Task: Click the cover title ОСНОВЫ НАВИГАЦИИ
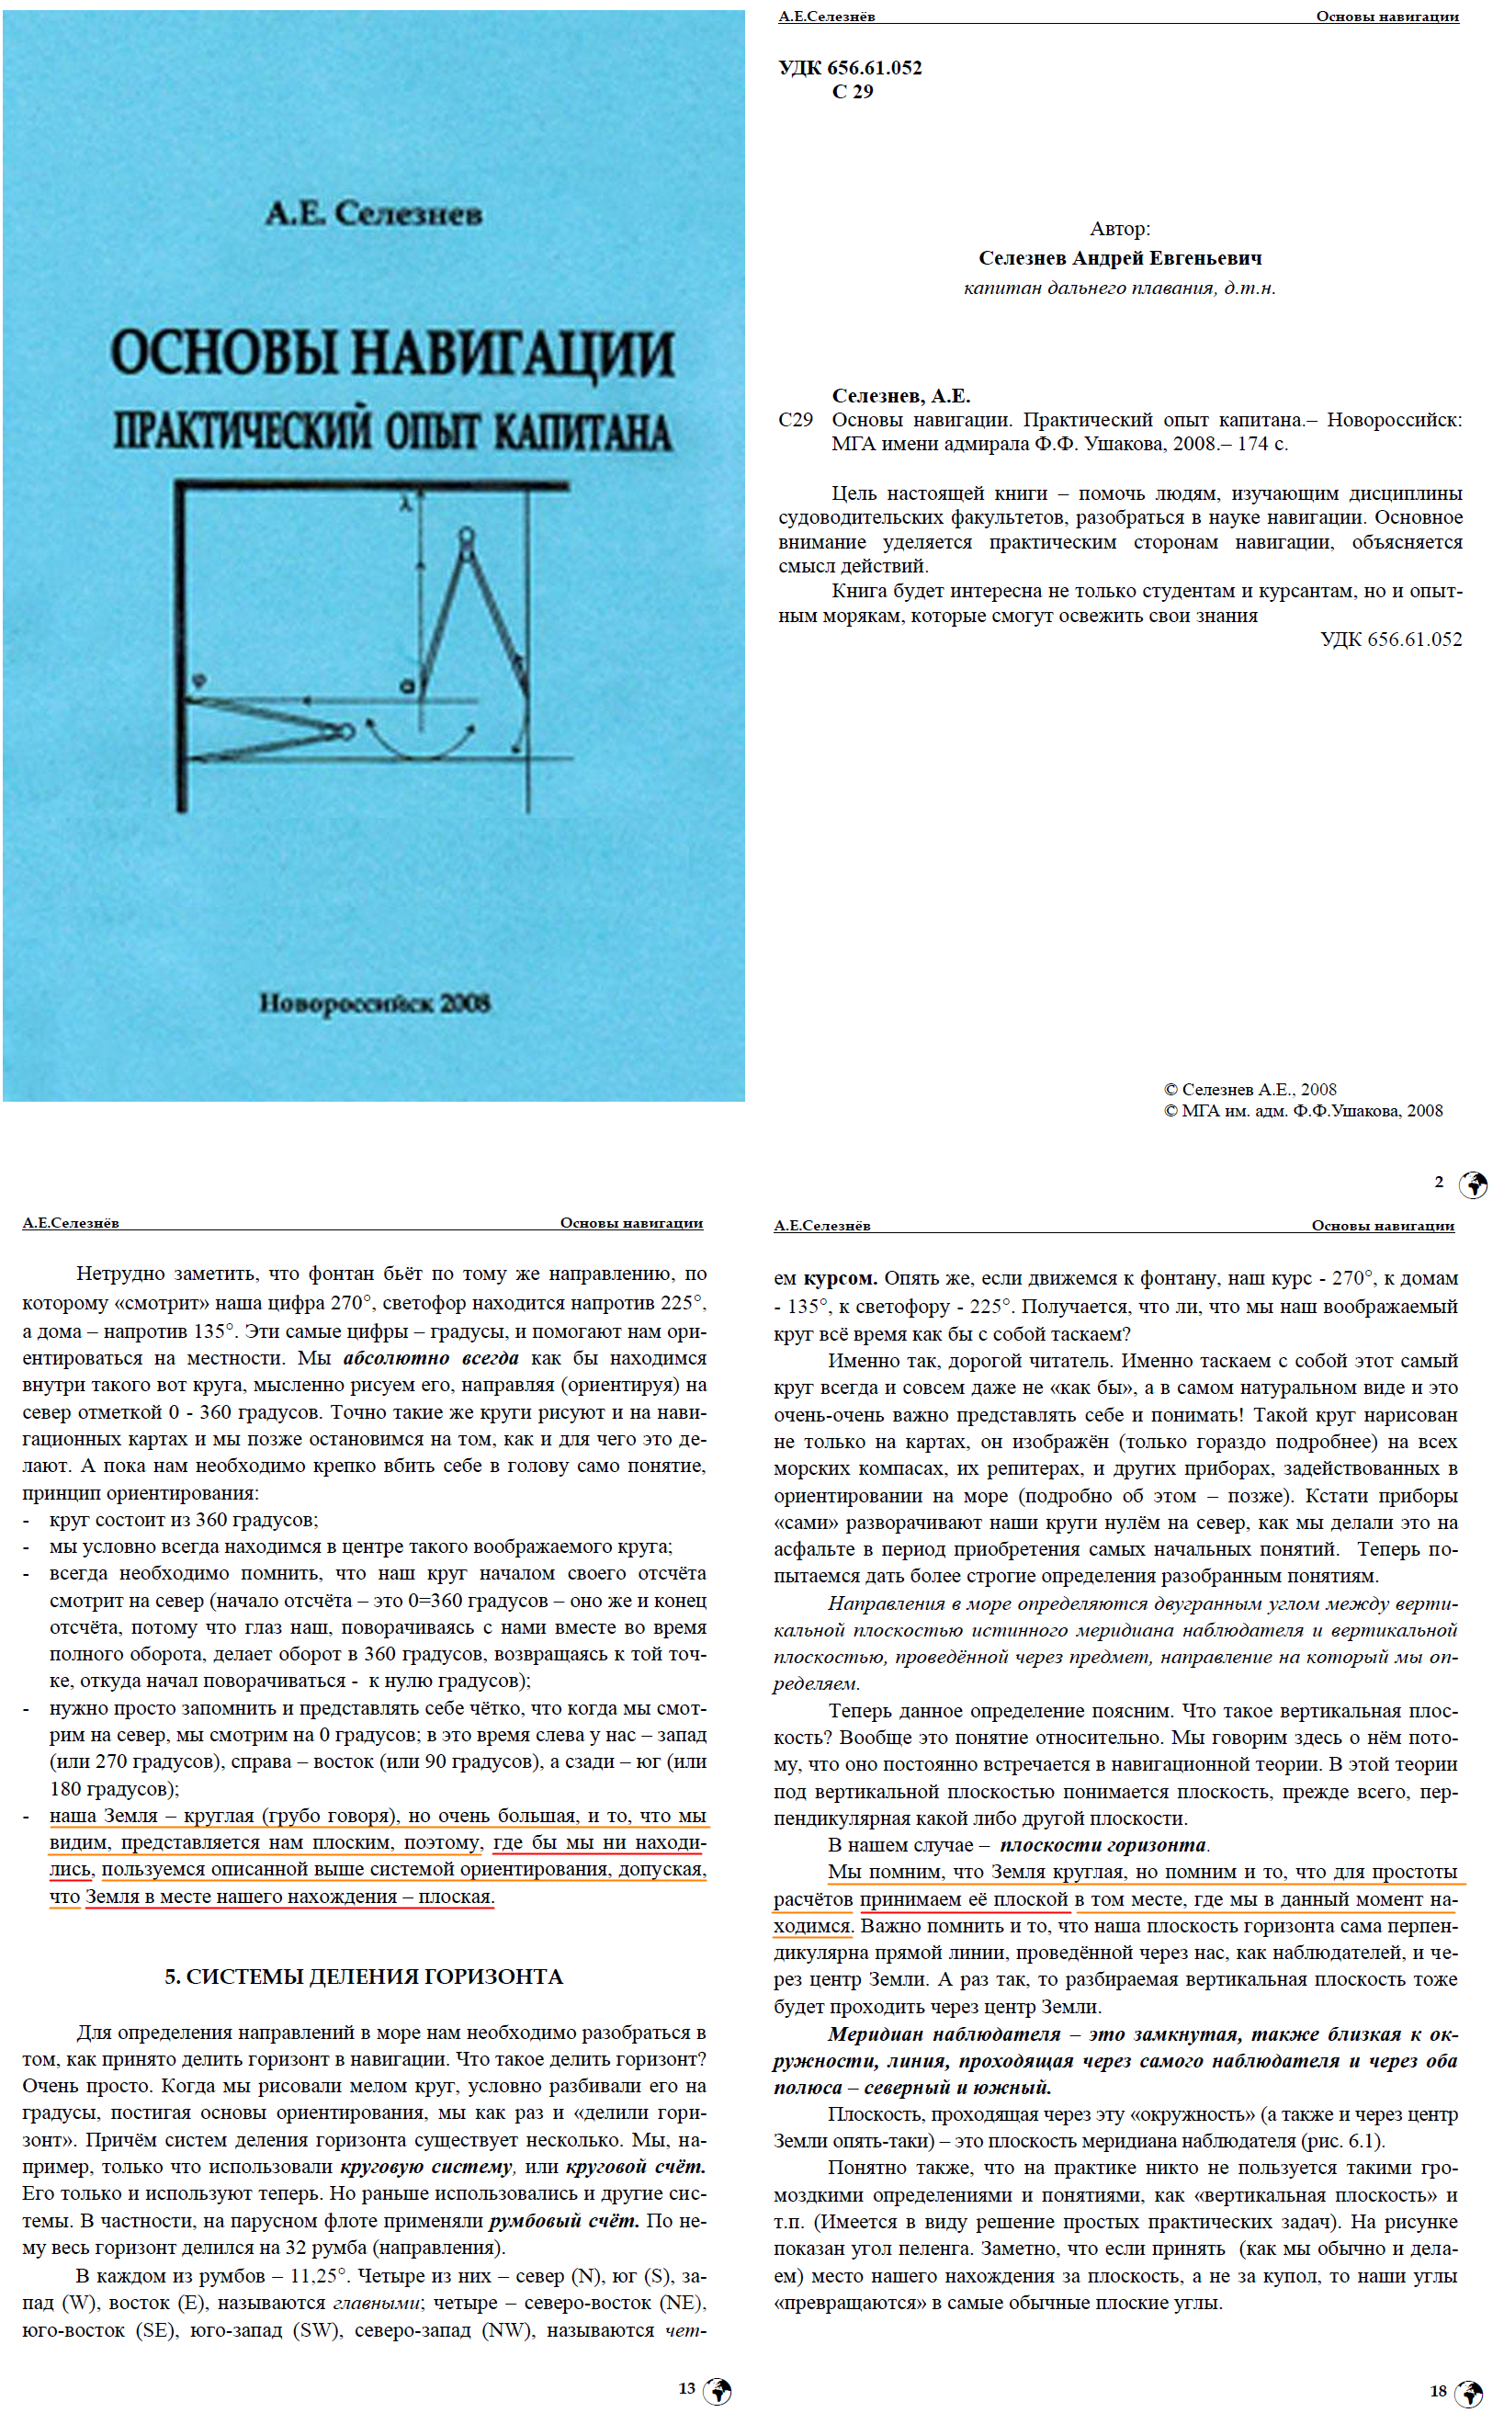[x=392, y=355]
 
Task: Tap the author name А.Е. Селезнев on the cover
[x=374, y=213]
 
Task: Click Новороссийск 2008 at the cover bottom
[x=374, y=1002]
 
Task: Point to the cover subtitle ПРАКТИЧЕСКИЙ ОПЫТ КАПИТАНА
[x=392, y=433]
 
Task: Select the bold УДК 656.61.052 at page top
[x=850, y=68]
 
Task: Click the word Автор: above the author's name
[x=1119, y=229]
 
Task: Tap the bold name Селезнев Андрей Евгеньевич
[x=1119, y=258]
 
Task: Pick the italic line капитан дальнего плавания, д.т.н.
[x=1119, y=289]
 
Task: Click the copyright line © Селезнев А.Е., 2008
[x=1250, y=1089]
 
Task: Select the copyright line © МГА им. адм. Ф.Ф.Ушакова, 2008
[x=1303, y=1111]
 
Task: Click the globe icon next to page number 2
[x=1472, y=1184]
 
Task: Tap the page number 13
[x=686, y=2388]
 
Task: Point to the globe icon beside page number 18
[x=1468, y=2393]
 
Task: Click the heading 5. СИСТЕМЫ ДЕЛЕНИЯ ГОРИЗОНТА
[x=364, y=1977]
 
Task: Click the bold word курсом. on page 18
[x=840, y=1278]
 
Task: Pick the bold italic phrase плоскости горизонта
[x=1103, y=1845]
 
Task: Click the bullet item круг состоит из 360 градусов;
[x=184, y=1520]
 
